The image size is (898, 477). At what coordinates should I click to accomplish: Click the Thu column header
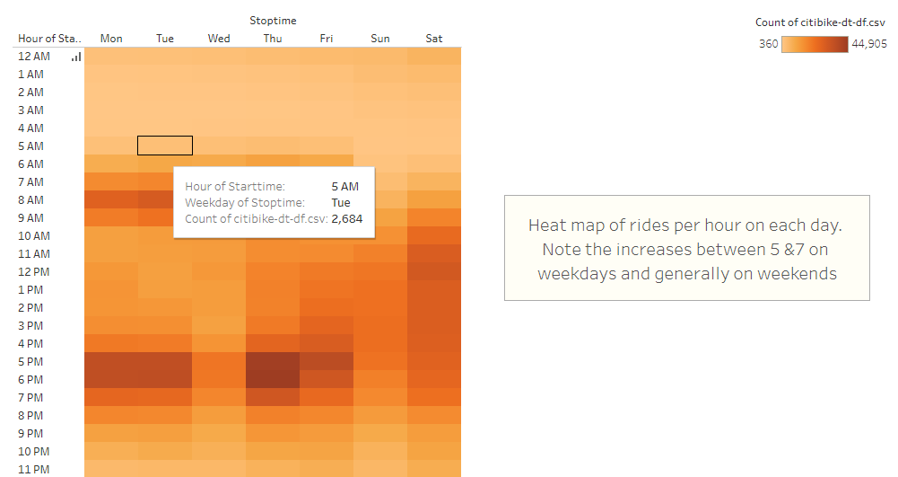click(273, 39)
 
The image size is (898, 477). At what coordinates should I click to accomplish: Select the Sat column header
click(434, 39)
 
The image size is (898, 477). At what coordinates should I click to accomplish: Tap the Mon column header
click(111, 39)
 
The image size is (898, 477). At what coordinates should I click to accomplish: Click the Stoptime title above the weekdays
click(273, 21)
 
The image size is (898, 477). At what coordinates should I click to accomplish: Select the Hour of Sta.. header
click(49, 39)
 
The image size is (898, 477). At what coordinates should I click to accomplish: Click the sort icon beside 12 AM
click(76, 57)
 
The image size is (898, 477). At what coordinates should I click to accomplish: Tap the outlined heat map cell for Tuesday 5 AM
click(165, 146)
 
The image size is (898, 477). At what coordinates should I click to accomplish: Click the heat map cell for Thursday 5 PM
click(273, 362)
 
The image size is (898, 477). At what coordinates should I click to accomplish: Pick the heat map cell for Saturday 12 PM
click(434, 272)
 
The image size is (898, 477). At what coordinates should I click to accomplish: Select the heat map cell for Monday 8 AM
click(111, 199)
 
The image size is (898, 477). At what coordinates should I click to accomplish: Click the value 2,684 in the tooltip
click(347, 219)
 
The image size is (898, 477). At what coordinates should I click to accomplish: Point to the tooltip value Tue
click(341, 203)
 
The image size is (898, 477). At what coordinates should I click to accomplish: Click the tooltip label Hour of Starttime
click(234, 187)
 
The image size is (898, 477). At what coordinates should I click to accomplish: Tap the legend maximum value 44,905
click(869, 44)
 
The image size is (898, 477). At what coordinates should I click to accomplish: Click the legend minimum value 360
click(769, 44)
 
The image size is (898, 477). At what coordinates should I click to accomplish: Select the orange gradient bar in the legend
click(815, 44)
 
